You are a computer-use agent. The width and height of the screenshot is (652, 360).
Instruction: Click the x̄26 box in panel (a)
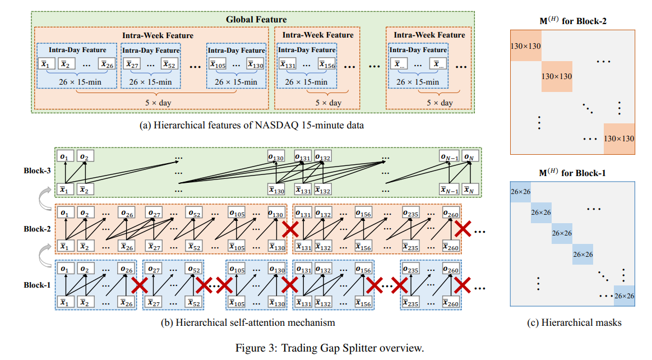(x=107, y=64)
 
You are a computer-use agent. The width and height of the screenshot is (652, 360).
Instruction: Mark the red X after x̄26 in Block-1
(x=139, y=286)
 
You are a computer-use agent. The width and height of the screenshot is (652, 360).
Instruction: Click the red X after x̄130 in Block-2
(x=290, y=229)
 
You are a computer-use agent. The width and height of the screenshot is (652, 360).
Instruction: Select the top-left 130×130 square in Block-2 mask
(x=525, y=45)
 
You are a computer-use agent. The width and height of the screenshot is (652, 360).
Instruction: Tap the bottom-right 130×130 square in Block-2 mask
(x=618, y=138)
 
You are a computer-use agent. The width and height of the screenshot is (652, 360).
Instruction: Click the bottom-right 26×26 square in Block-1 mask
(x=625, y=296)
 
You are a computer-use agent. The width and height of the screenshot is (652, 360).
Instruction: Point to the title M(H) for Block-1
(x=572, y=173)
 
